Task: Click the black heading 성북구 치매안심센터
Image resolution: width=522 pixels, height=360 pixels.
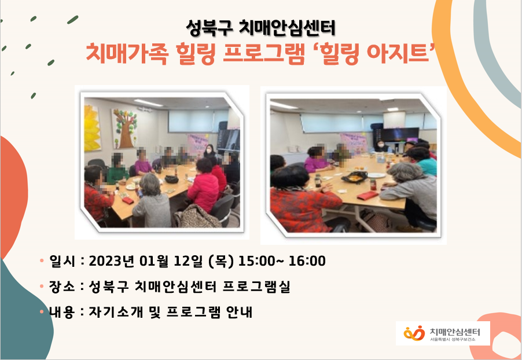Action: pos(260,28)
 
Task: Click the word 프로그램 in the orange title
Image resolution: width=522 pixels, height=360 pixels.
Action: pos(264,53)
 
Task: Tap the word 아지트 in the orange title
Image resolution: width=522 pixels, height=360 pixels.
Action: pos(398,53)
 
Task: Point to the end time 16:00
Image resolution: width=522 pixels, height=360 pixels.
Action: pos(307,261)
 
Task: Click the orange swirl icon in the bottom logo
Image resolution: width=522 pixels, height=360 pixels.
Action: pos(414,333)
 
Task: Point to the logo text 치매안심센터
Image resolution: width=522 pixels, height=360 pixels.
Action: pos(455,332)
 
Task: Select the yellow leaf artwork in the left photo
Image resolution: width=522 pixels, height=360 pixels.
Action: pos(92,128)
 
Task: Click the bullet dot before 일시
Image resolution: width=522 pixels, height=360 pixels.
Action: pos(42,260)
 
